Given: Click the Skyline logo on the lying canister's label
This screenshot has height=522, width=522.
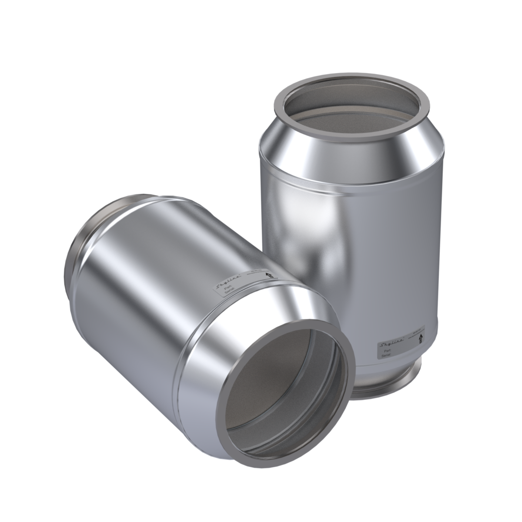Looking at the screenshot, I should tap(221, 283).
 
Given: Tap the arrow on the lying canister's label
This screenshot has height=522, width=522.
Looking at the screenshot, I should tap(268, 275).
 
